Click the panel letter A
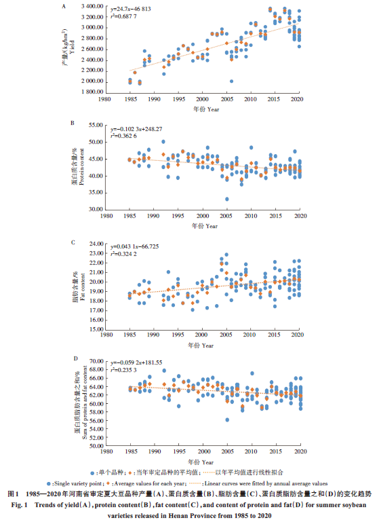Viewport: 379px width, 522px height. (x=64, y=6)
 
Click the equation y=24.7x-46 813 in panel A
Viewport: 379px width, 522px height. (x=131, y=9)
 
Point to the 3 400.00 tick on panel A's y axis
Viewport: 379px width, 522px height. (x=92, y=6)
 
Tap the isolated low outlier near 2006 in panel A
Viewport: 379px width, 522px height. (x=231, y=81)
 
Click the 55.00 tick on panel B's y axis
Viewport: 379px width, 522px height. (x=96, y=125)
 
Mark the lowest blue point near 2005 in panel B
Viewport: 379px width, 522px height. (x=226, y=199)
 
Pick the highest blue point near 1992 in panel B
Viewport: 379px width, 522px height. (x=163, y=142)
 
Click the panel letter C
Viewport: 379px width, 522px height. (x=73, y=242)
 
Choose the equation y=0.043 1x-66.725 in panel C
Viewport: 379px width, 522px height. (x=135, y=246)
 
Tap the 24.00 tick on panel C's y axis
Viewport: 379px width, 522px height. (x=96, y=244)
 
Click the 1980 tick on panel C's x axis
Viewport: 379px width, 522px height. (x=106, y=335)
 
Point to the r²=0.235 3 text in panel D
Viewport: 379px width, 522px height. (x=123, y=370)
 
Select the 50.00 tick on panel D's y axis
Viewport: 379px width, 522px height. (x=96, y=446)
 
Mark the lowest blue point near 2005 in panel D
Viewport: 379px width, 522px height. (x=227, y=420)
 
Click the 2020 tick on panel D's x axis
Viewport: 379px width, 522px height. (x=300, y=451)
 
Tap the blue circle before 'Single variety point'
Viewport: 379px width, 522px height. (x=49, y=484)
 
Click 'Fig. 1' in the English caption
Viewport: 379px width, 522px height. (x=20, y=505)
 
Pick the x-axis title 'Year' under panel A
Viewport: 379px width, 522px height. (x=213, y=109)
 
